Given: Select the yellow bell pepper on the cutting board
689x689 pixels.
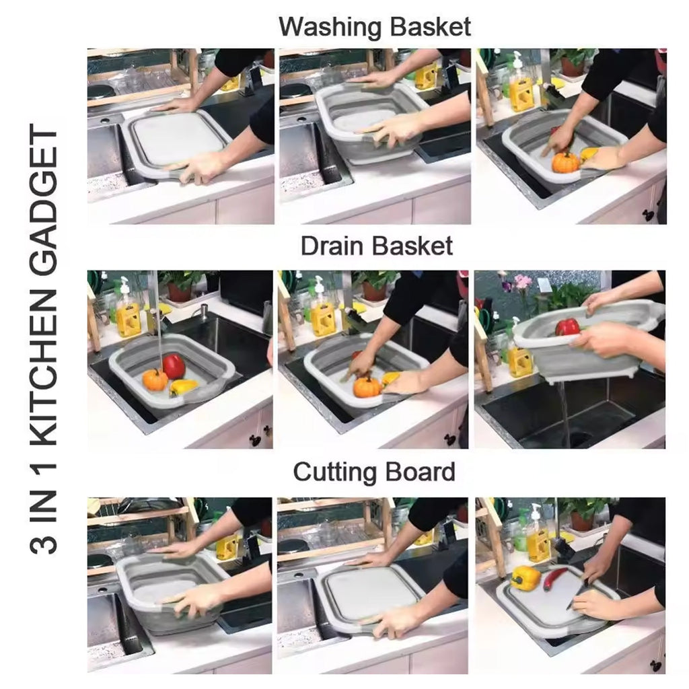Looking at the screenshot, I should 525,577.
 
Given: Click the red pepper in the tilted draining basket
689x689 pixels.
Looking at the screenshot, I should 567,327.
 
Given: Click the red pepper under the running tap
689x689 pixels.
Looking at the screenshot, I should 174,367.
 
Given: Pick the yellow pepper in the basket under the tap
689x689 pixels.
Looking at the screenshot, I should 183,387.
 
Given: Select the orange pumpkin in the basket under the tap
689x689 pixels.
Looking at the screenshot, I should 155,380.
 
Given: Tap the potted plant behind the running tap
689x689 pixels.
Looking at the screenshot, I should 180,285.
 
